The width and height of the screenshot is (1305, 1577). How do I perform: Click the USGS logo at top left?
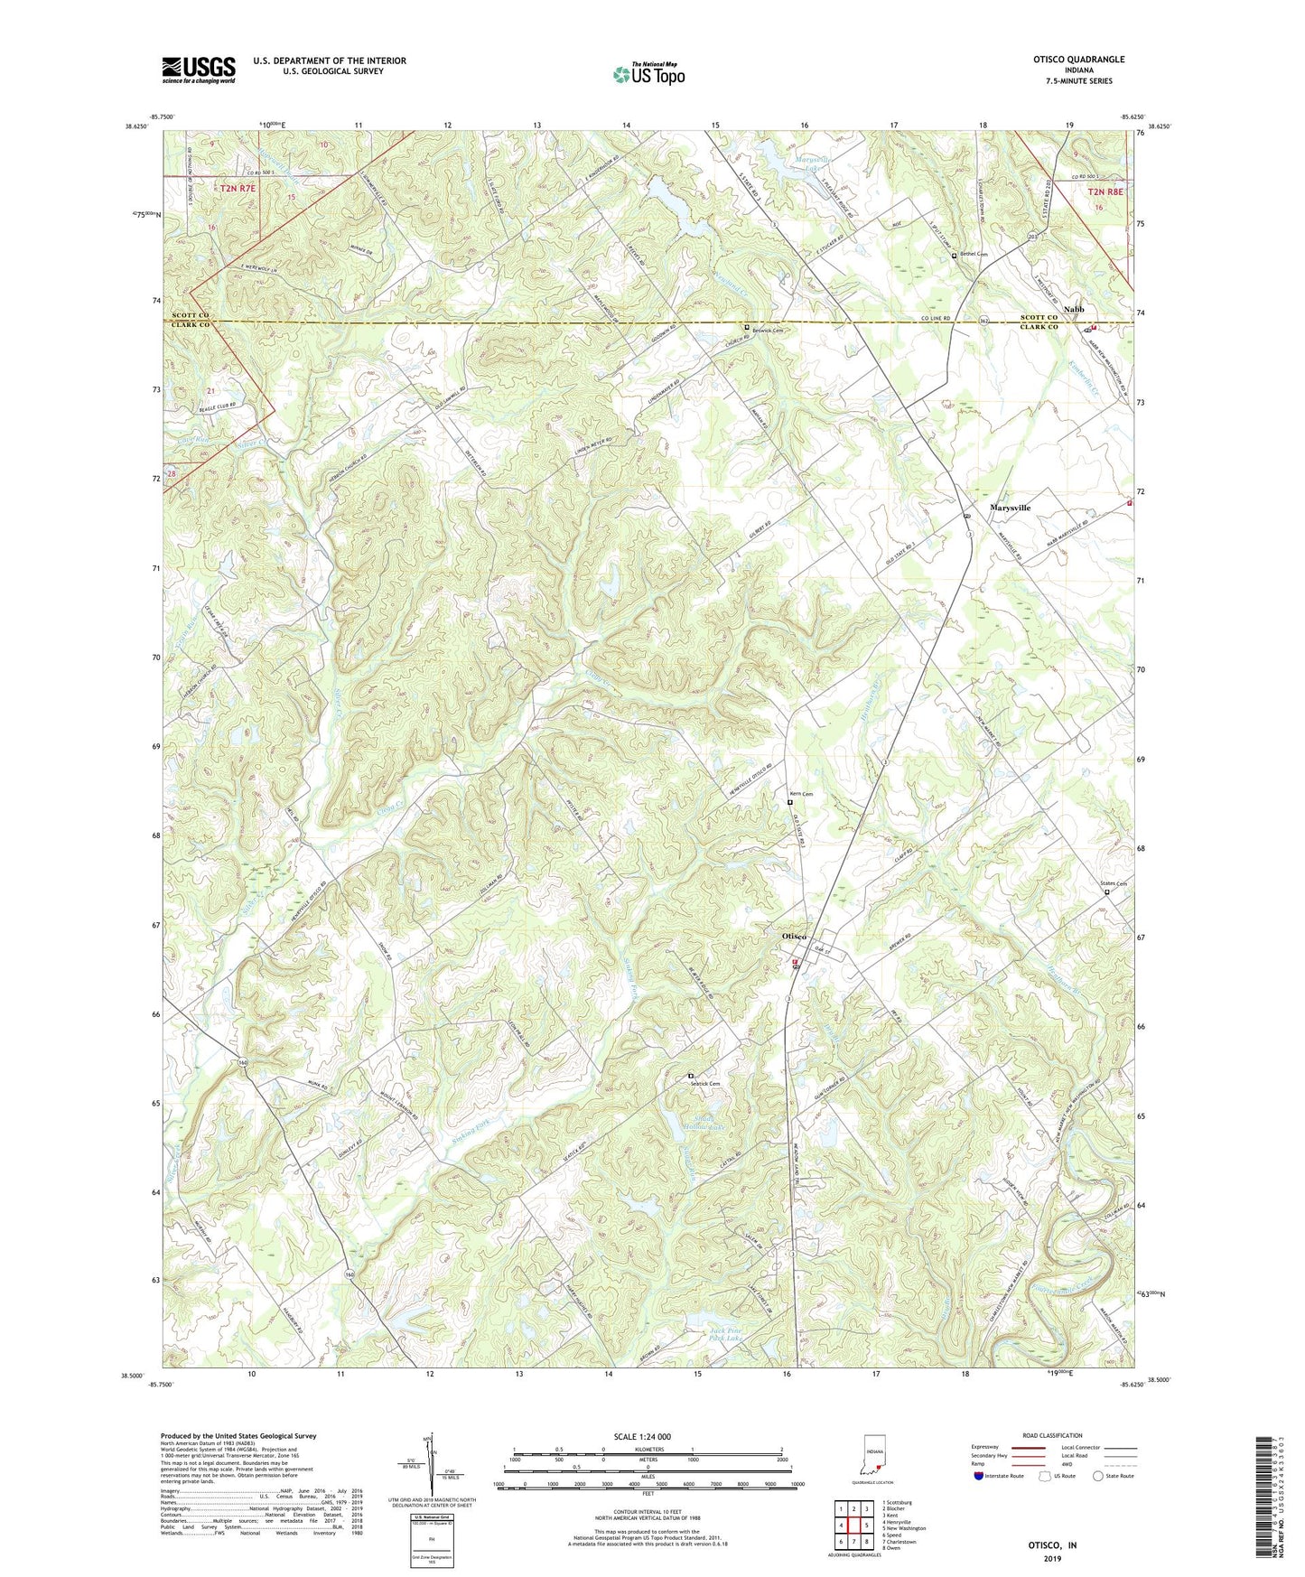tap(198, 70)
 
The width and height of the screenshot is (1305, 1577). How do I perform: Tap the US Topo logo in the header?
tap(648, 74)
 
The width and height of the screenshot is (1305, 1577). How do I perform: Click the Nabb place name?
tap(1073, 310)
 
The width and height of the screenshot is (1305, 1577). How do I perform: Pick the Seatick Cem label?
tap(705, 1084)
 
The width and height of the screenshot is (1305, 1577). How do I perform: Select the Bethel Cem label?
tap(974, 255)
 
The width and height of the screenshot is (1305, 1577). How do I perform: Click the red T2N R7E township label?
tap(238, 188)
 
